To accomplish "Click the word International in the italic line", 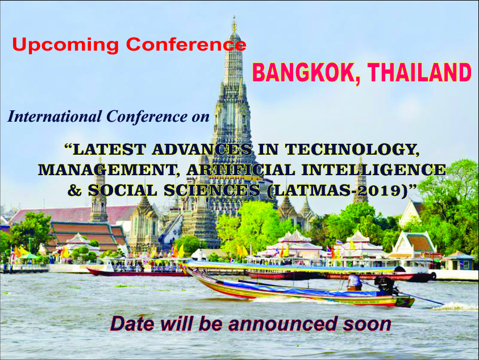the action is tap(55, 117).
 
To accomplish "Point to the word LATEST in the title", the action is tap(109, 150).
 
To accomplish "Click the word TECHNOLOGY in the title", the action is tap(352, 150).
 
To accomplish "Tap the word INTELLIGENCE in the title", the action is tap(374, 170).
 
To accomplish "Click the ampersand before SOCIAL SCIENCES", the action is tap(74, 191).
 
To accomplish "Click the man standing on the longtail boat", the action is tap(355, 282).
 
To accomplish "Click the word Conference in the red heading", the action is tap(186, 45).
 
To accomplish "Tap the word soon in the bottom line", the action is tap(367, 324).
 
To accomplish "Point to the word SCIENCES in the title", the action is tap(212, 191).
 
